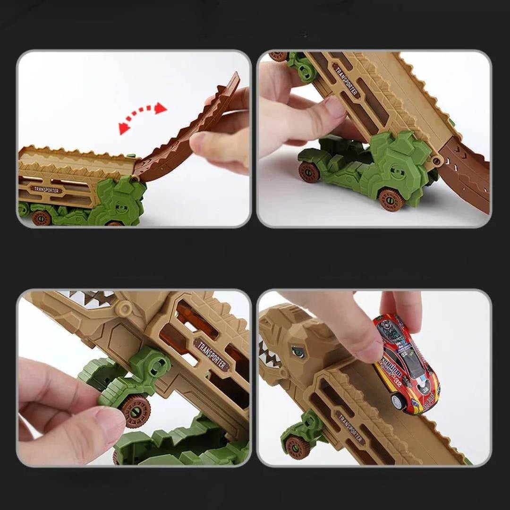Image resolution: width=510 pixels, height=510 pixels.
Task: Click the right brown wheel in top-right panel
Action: (391, 199)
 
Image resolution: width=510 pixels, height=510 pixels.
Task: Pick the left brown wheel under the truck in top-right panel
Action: (309, 172)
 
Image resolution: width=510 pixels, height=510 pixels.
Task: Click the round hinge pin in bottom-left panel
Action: (124, 308)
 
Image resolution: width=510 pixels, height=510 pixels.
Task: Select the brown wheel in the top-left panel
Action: (42, 218)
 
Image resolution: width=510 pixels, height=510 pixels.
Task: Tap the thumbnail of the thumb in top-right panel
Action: (336, 108)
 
